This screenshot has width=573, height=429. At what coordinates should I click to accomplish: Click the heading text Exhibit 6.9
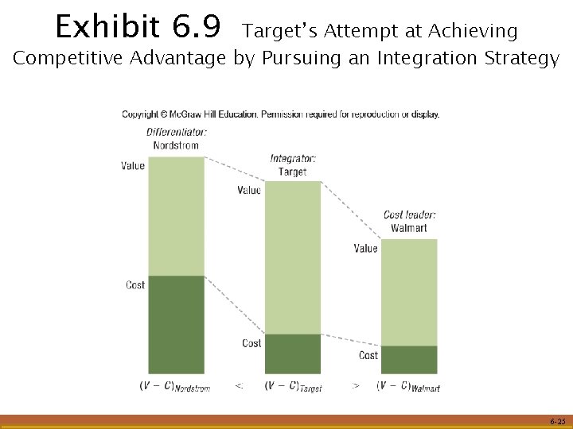tap(137, 29)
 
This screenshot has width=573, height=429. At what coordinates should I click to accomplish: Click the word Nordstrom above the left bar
tap(176, 145)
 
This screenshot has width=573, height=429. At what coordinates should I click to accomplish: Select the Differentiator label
tap(176, 133)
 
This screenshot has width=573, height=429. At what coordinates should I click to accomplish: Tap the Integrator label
tap(293, 159)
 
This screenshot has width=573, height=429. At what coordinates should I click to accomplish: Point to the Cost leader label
tap(409, 214)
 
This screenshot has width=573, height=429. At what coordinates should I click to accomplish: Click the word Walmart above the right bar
tap(409, 228)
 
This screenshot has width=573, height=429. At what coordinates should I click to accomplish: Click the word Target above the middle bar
tap(293, 172)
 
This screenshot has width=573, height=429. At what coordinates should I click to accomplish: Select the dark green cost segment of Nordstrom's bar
tap(176, 324)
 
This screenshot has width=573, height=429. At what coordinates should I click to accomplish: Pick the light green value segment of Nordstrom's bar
tap(176, 216)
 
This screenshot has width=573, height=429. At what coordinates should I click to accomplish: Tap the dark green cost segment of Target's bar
tap(293, 354)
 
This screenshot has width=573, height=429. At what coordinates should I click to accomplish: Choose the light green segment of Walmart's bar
tap(409, 292)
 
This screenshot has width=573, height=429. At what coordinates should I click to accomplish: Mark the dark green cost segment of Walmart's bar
tap(409, 360)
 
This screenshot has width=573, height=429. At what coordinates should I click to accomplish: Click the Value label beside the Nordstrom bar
tap(133, 166)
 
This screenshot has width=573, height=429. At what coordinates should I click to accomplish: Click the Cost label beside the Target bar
tap(251, 343)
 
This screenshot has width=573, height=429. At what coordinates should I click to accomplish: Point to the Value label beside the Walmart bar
tap(365, 249)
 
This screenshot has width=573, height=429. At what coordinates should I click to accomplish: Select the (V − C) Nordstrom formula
tap(175, 386)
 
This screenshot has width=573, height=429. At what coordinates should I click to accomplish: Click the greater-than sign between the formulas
tap(356, 385)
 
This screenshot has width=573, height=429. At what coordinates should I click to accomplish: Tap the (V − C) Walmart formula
tap(408, 386)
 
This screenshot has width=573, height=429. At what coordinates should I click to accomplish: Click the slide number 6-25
tap(557, 421)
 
